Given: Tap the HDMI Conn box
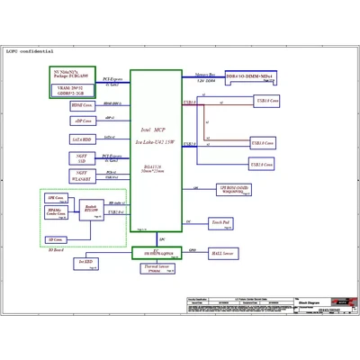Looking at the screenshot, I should pos(83,105).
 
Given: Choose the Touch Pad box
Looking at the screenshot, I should pos(221,220).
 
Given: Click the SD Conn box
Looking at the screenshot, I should pos(56,240).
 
